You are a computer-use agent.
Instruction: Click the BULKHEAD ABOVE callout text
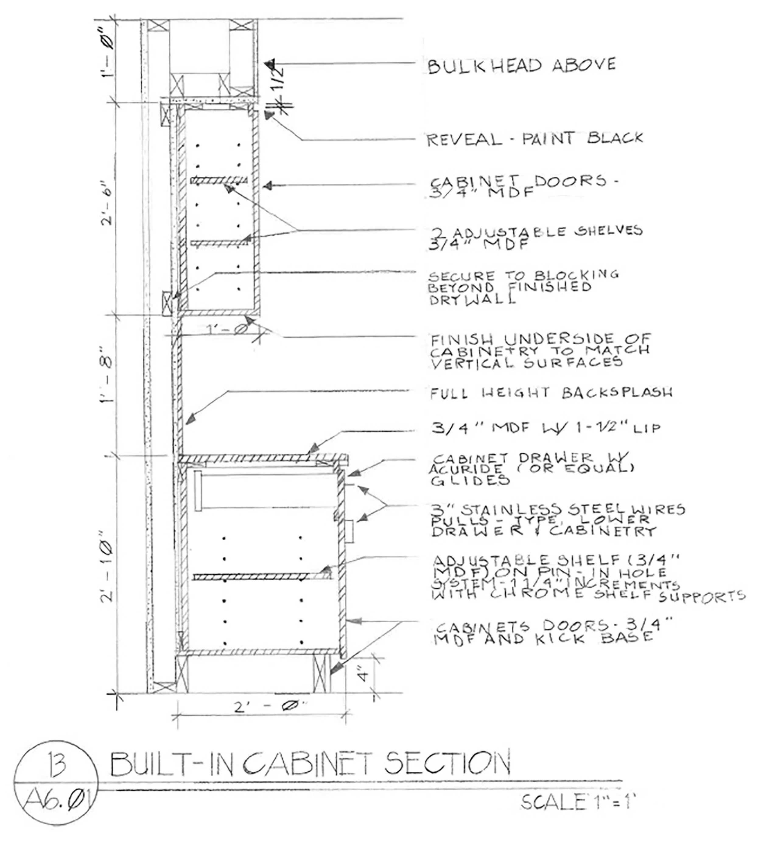pyautogui.click(x=521, y=66)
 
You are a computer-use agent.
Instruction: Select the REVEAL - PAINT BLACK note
pyautogui.click(x=534, y=139)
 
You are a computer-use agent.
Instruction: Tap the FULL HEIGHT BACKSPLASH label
pyautogui.click(x=551, y=393)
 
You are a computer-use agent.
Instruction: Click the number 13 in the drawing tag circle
pyautogui.click(x=57, y=764)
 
